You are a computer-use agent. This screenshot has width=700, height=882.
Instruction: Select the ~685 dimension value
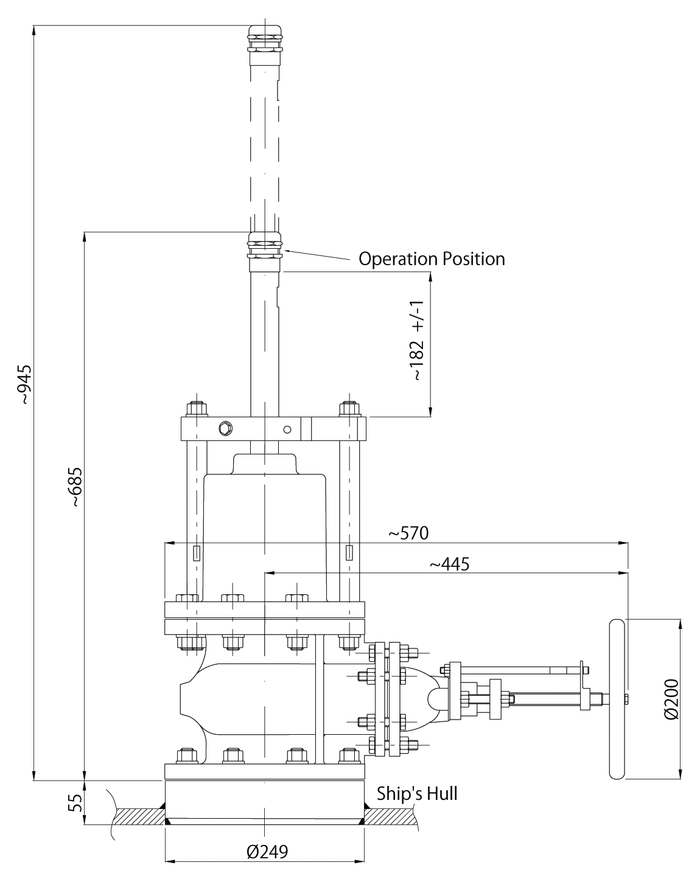tap(75, 487)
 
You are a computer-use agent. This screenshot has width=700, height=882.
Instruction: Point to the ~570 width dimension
tap(409, 533)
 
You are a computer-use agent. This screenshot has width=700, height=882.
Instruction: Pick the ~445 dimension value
tap(449, 564)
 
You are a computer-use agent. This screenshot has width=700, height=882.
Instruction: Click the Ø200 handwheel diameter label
tap(671, 700)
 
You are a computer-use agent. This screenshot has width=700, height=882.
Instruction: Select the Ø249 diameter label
tap(267, 851)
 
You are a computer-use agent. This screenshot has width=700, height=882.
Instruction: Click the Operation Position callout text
tap(432, 259)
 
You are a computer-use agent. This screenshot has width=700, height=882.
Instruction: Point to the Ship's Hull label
tap(416, 793)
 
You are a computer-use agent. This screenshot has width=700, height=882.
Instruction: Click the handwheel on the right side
tap(617, 700)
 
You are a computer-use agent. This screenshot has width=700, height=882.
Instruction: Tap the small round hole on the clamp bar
tap(287, 429)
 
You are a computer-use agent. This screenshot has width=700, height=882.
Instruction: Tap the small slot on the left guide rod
tap(196, 553)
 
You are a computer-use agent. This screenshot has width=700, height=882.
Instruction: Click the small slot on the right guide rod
tap(349, 553)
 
